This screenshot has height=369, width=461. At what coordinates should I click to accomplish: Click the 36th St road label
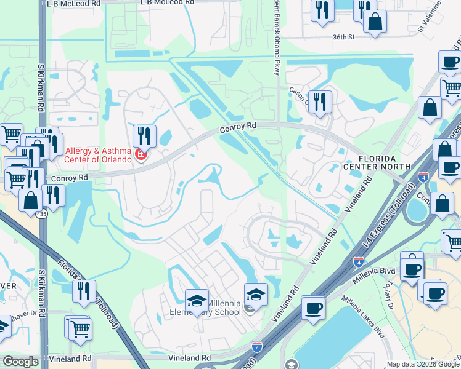(344, 37)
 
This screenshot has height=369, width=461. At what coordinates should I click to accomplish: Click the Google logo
(20, 362)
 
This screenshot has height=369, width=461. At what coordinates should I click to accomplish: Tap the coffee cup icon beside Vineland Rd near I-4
(314, 307)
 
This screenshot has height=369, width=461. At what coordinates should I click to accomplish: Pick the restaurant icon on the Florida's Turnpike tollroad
(84, 291)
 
